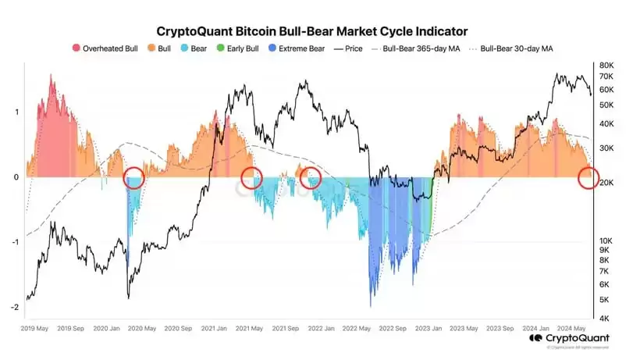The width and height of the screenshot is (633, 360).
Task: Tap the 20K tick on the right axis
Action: (606, 183)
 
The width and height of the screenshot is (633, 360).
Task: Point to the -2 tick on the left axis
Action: (15, 307)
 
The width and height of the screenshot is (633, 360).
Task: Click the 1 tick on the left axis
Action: (16, 112)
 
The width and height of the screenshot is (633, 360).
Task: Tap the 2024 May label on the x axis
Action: (573, 329)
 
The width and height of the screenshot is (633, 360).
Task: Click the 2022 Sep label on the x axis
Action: (394, 329)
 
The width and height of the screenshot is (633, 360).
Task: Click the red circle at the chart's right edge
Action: (589, 178)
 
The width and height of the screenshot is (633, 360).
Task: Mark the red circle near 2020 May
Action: (134, 178)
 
